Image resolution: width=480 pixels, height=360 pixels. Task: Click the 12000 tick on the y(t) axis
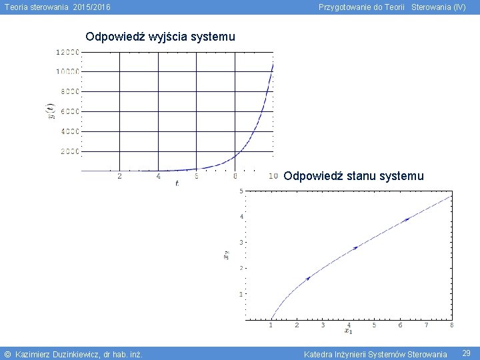click(68, 52)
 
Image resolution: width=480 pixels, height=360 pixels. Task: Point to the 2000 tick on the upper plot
click(70, 151)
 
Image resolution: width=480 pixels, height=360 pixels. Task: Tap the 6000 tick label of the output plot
click(70, 111)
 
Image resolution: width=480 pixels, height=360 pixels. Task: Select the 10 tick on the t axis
click(273, 176)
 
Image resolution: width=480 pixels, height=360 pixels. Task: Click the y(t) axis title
click(50, 111)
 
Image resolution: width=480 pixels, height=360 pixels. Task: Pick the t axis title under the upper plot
click(177, 183)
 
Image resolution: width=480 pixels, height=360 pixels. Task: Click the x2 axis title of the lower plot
click(226, 255)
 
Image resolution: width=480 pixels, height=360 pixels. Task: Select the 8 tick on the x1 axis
click(451, 325)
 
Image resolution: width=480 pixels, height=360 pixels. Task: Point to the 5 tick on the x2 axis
click(241, 191)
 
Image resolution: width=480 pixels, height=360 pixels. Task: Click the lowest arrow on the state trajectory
click(307, 278)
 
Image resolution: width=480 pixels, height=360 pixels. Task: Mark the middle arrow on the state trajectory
click(356, 247)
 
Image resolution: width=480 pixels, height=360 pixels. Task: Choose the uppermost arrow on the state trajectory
click(407, 219)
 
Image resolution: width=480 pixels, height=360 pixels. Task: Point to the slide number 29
click(467, 353)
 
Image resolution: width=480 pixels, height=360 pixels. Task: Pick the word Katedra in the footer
click(317, 354)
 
